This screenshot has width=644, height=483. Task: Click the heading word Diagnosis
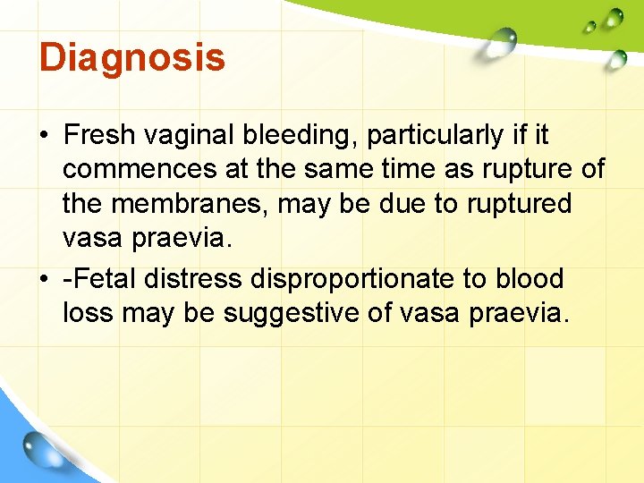coord(131,58)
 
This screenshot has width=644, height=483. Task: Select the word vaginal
coord(190,135)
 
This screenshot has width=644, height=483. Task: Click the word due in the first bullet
coord(406,203)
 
